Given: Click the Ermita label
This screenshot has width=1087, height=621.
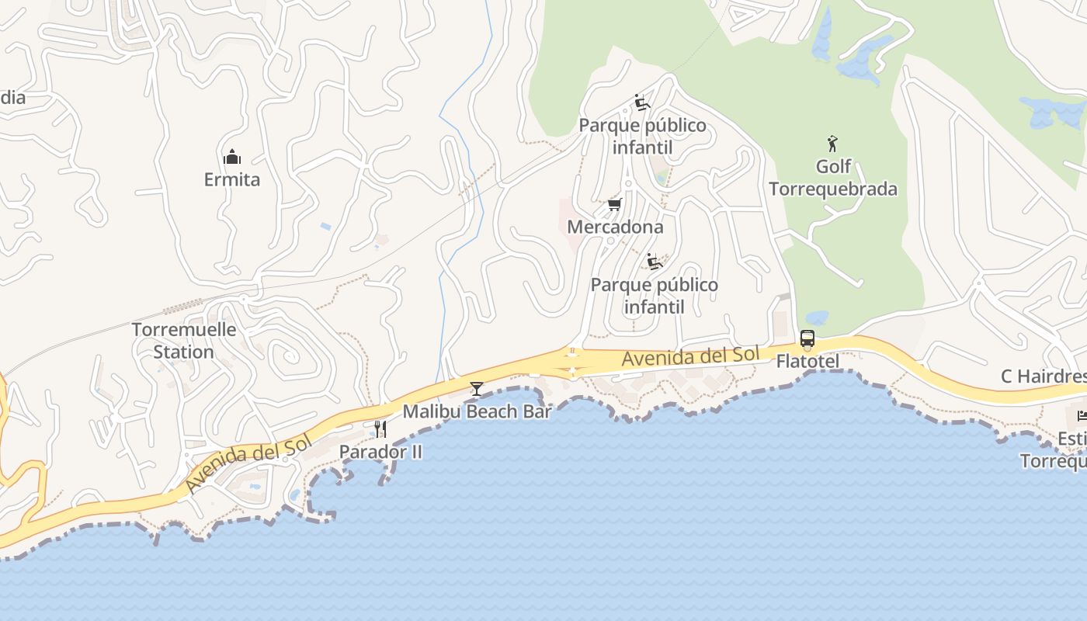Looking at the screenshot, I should pos(231,180).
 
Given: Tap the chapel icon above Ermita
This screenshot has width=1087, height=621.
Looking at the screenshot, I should pos(231,158).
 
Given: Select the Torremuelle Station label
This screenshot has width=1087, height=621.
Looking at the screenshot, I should pos(183,340).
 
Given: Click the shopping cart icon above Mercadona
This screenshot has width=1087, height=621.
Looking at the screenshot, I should pos(614,205).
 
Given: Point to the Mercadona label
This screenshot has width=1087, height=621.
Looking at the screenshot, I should pos(615,227).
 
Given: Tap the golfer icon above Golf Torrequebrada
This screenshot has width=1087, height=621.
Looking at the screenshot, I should pos(832,144).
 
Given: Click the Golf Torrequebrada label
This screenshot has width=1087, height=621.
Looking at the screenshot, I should pos(833,178).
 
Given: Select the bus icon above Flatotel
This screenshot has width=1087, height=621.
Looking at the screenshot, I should pos(807,339).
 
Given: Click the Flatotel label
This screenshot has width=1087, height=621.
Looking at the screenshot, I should pos(807,363).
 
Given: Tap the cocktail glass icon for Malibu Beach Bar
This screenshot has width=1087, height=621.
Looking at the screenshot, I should pos(476,389).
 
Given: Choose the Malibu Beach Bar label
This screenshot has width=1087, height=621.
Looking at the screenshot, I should pos(477,411).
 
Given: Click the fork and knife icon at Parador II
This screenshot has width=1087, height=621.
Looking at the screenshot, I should pos(380,429).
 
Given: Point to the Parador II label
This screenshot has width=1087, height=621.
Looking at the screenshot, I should pos(380,452).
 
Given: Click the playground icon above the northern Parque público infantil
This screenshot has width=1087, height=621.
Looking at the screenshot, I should pos(641,102).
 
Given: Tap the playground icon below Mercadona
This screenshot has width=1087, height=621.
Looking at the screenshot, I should pos(655,262).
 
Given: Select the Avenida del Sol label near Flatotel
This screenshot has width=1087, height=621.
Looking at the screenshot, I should pos(690,357).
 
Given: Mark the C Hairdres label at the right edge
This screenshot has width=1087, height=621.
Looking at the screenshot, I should pos(1043,377).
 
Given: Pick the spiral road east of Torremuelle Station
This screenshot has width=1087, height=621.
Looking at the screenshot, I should pos(290,356).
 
